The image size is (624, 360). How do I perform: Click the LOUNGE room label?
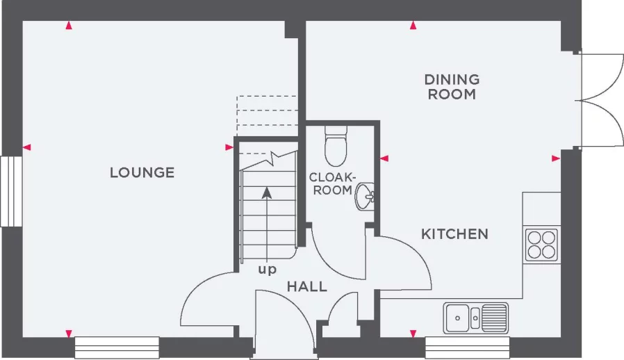(x=142, y=172)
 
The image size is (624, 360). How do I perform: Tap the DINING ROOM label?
(x=452, y=87)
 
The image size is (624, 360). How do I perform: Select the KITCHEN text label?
(x=454, y=234)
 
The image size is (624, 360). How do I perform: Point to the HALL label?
(x=306, y=286)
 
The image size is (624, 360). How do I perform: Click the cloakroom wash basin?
(x=366, y=197)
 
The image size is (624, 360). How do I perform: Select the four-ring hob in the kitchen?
(x=541, y=244)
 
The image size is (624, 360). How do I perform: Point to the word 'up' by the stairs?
(x=268, y=269)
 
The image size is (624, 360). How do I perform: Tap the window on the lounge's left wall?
(x=10, y=191)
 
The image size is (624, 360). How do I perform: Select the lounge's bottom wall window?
(x=117, y=347)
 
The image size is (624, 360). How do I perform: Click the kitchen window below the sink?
(x=467, y=347)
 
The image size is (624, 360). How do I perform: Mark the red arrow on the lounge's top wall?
(x=68, y=26)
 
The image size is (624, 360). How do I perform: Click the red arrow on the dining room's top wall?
(x=413, y=26)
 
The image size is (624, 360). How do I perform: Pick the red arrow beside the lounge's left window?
(x=27, y=147)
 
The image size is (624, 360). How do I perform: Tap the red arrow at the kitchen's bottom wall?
(x=413, y=333)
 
